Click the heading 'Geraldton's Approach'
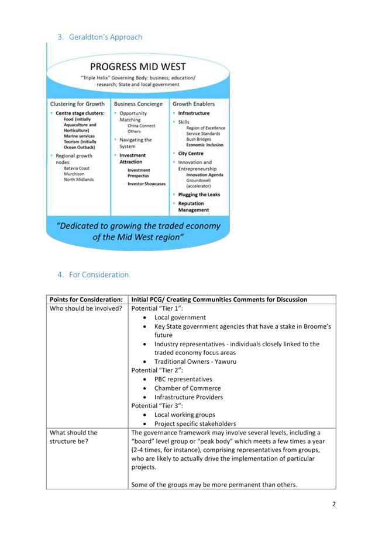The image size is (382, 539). click(105, 37)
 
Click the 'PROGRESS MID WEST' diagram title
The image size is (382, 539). click(138, 67)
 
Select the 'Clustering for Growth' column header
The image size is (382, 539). click(77, 104)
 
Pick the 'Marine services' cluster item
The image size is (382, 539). click(79, 136)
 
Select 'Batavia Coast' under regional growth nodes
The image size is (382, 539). click(77, 168)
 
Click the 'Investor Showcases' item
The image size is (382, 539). click(146, 184)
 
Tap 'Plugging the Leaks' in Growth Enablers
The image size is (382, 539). click(199, 194)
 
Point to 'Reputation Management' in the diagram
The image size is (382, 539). click(194, 207)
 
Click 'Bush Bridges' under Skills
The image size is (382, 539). click(199, 140)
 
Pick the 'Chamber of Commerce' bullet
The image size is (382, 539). click(187, 388)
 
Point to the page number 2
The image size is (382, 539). click(333, 504)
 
